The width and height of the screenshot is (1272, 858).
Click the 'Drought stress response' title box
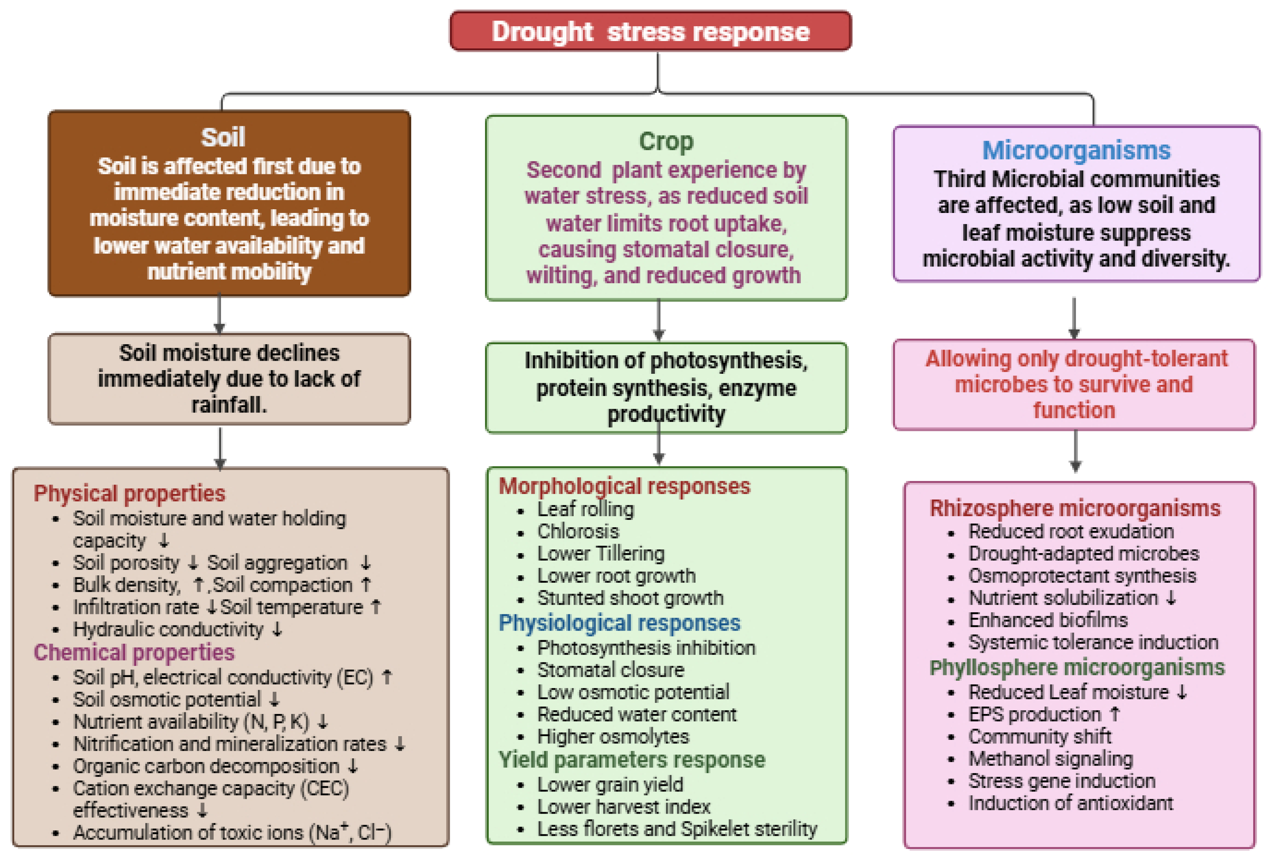[x=650, y=31]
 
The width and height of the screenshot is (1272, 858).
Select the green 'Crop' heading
[x=666, y=141]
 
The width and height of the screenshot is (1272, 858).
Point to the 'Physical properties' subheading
[x=129, y=494]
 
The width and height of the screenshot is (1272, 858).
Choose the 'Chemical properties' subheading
[x=134, y=652]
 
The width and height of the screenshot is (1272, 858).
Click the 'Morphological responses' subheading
[x=625, y=486]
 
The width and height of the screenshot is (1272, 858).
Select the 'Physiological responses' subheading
[x=619, y=623]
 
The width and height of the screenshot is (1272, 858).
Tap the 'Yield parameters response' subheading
[x=631, y=760]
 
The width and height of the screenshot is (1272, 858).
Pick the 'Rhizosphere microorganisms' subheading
[x=1075, y=508]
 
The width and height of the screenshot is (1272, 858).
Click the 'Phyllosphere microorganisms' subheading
[x=1077, y=668]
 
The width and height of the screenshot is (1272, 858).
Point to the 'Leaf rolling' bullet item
[x=585, y=510]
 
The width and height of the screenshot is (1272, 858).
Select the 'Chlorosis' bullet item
[x=578, y=531]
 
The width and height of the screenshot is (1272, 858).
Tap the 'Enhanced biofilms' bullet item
[x=1048, y=620]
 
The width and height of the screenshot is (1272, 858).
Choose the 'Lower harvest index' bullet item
[x=623, y=807]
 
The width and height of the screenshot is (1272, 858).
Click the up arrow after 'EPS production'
[x=1115, y=714]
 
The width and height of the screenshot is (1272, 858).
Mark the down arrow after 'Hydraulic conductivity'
[x=277, y=629]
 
